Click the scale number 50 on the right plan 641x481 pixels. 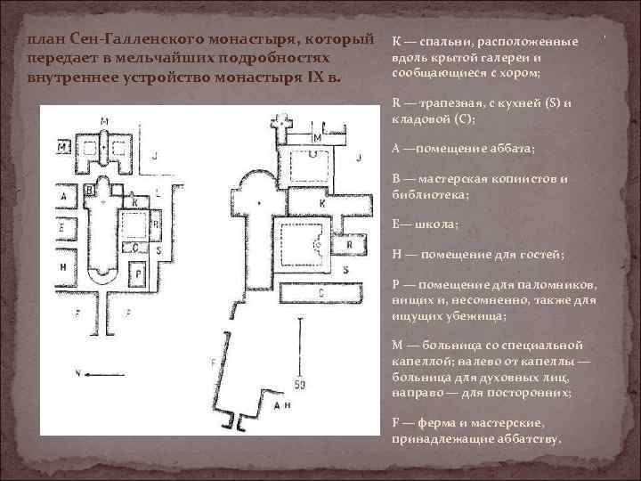(299, 384)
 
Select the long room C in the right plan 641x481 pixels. (320, 291)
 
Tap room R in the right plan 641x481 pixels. (349, 243)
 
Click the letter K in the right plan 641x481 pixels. (296, 204)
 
